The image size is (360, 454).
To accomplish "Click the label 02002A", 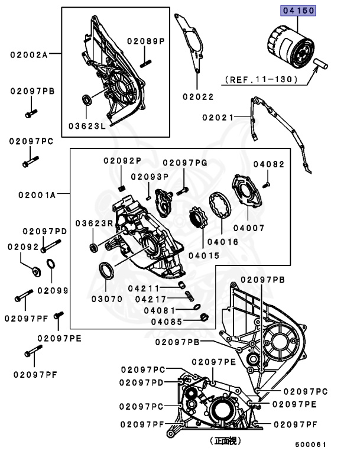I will point(28,54).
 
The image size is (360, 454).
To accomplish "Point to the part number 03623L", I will point(86,126).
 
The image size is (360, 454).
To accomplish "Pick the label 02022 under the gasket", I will point(198,96).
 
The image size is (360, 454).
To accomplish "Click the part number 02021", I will point(219,118).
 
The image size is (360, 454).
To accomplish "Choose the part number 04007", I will point(248,228).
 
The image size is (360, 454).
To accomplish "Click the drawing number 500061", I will point(311,445).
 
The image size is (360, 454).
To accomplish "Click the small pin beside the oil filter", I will point(323,63).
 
